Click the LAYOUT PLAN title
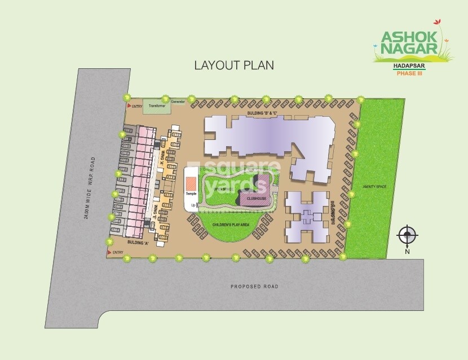(x=234, y=65)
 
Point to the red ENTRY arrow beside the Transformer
(x=129, y=106)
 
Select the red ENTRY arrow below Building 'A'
(x=109, y=252)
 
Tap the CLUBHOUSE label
(x=253, y=199)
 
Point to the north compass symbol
(x=407, y=234)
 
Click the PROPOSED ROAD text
(x=255, y=287)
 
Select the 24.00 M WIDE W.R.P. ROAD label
(x=88, y=188)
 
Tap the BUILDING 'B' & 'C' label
(x=263, y=114)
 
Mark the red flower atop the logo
(x=436, y=22)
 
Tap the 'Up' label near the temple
(x=193, y=205)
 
